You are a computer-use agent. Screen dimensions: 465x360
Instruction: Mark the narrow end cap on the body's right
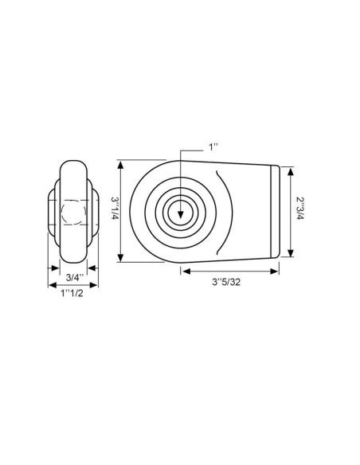pyautogui.click(x=276, y=211)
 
